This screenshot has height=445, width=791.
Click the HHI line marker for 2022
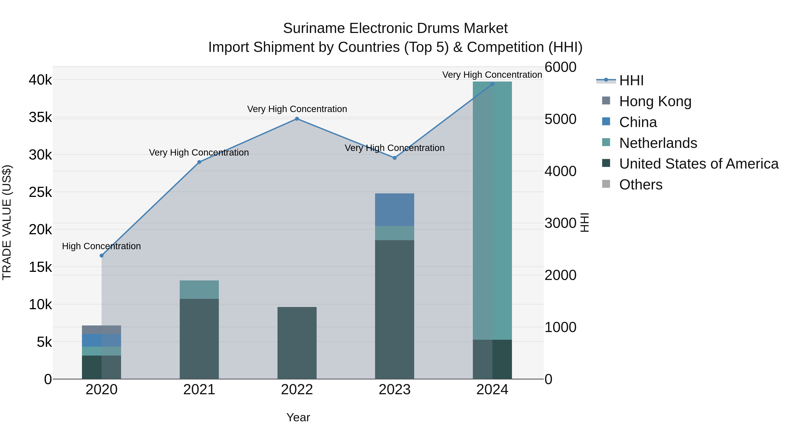pos(297,119)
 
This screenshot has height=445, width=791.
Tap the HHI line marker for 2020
pos(102,256)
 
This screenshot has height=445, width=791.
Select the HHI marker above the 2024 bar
pos(492,84)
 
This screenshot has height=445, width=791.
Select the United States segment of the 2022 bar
pos(297,343)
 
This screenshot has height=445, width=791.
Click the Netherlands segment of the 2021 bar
pos(199,290)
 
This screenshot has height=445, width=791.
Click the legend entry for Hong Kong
pos(655,101)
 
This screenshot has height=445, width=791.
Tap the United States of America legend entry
pos(698,164)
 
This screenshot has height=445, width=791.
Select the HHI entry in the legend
pos(631,80)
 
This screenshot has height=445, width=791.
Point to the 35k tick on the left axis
pos(40,117)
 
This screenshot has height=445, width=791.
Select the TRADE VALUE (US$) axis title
pos(7,222)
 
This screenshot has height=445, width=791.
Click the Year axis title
pos(298,417)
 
